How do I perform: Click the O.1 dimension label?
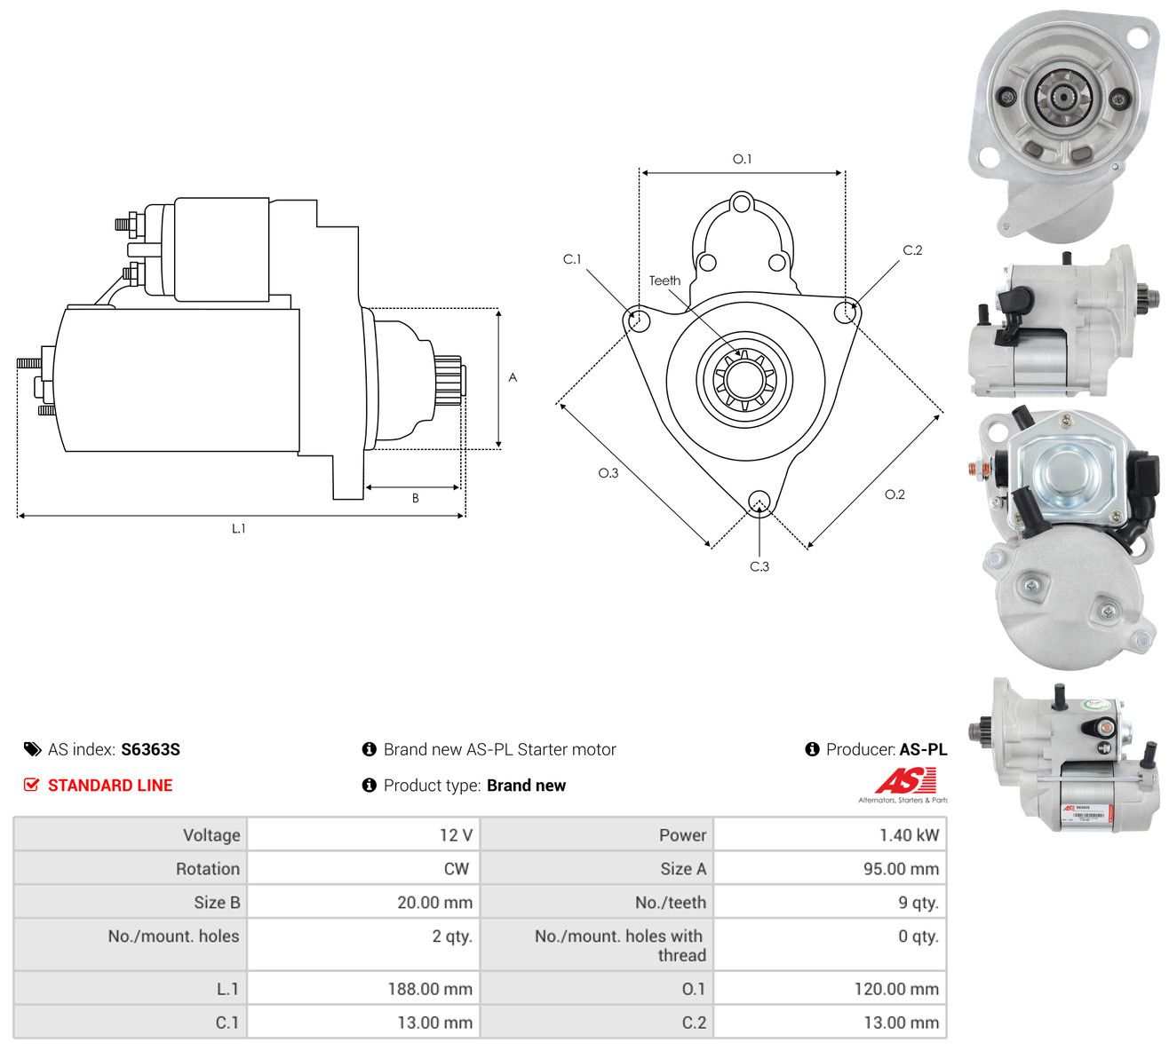tap(742, 159)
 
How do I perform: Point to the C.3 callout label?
tap(759, 566)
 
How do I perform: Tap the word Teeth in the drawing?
tap(664, 281)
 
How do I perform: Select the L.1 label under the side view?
tap(238, 528)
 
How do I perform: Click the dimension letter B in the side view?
tap(416, 498)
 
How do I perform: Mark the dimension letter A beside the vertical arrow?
tap(513, 377)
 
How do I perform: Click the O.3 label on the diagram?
tap(608, 473)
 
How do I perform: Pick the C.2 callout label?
tap(912, 250)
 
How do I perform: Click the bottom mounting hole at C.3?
tap(759, 502)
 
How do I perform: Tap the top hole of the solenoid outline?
tap(741, 204)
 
